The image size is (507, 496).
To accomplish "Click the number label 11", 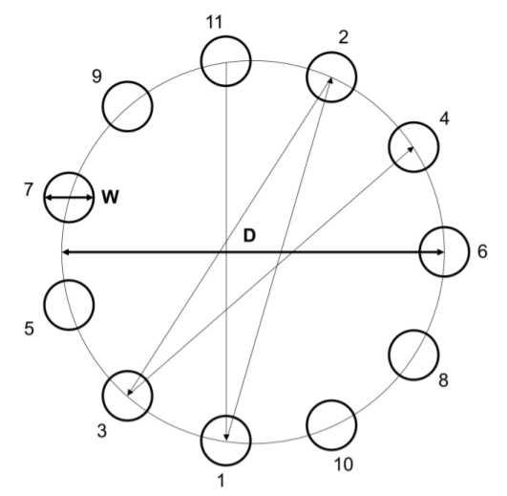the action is [215, 22].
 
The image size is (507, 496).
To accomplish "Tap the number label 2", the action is [344, 37].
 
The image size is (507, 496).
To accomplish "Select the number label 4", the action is [445, 119].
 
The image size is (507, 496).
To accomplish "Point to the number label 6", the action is [482, 251].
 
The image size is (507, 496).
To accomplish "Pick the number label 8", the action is [443, 379].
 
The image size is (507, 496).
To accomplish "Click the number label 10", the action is [344, 464].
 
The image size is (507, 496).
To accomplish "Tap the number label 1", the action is [222, 481].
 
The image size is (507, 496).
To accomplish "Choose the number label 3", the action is [102, 431].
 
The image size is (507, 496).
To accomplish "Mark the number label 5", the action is [29, 329].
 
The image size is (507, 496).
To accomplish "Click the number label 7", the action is [29, 189].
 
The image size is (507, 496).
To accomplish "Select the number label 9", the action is [97, 76].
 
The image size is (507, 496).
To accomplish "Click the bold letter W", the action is [110, 197].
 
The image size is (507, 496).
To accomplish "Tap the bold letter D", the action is [249, 235].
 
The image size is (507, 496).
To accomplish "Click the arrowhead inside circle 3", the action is [130, 392].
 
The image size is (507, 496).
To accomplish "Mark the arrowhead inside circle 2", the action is [329, 80].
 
